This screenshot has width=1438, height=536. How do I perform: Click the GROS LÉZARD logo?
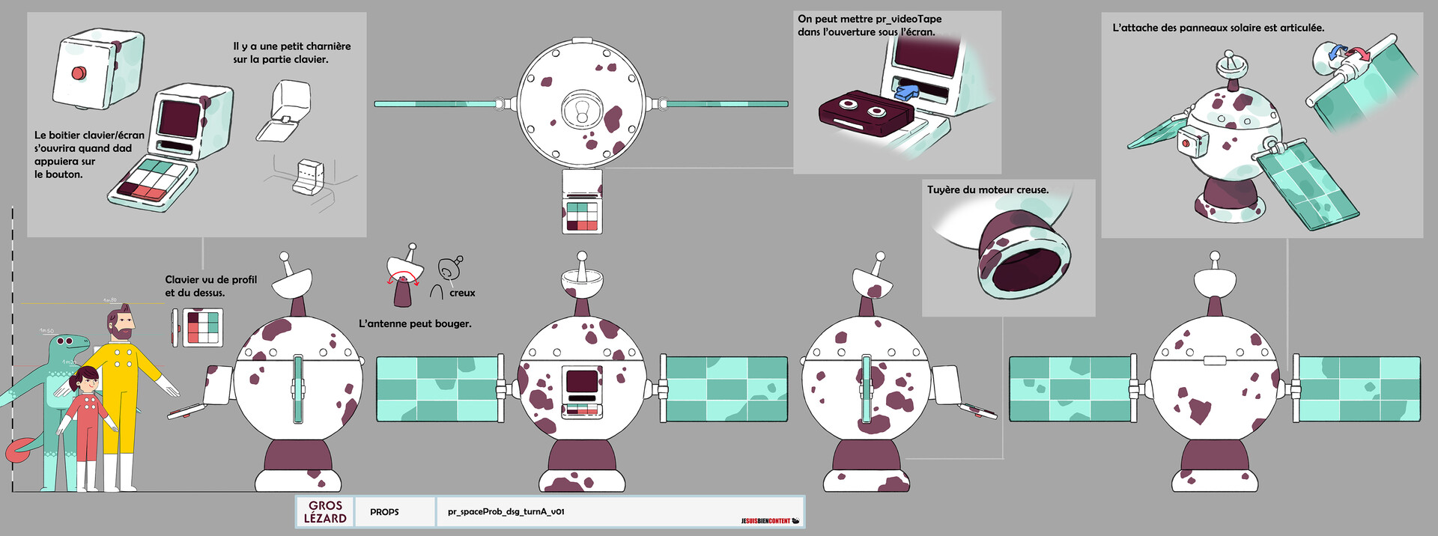pos(325,512)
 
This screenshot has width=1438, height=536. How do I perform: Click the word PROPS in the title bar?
pos(384,512)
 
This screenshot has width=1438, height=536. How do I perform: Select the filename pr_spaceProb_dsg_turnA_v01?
pos(506,512)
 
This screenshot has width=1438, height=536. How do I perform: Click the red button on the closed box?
pos(78,73)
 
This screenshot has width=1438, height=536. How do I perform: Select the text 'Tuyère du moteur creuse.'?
pos(987,190)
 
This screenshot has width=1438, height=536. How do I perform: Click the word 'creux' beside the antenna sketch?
pos(462,293)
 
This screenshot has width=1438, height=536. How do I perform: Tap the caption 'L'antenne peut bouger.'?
pos(415,324)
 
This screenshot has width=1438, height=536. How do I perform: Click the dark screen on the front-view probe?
pos(582,381)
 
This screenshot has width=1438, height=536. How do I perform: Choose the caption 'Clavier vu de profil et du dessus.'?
pos(210,286)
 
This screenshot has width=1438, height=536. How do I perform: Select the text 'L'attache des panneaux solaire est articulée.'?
pos(1218,28)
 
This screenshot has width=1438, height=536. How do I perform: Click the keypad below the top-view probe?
pos(582,216)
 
